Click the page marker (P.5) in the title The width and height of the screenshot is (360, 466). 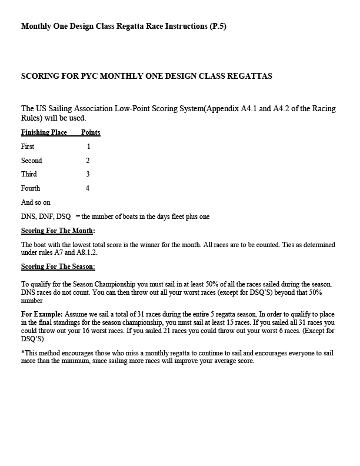pyautogui.click(x=218, y=26)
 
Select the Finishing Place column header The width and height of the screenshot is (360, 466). pyautogui.click(x=44, y=132)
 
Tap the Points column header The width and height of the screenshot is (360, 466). pyautogui.click(x=91, y=132)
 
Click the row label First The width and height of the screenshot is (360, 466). pyautogui.click(x=28, y=146)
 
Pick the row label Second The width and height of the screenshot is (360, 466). pyautogui.click(x=32, y=160)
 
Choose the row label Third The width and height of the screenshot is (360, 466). pyautogui.click(x=29, y=174)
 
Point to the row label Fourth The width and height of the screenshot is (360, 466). pyautogui.click(x=31, y=188)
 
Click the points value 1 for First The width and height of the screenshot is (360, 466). pyautogui.click(x=88, y=146)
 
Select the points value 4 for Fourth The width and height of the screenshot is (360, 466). pyautogui.click(x=88, y=188)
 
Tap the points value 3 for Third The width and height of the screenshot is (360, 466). pyautogui.click(x=88, y=174)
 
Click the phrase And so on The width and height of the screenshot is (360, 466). pyautogui.click(x=36, y=202)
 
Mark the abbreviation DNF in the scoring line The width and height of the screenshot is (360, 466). pyautogui.click(x=46, y=217)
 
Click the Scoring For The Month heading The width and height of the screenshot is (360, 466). pyautogui.click(x=58, y=231)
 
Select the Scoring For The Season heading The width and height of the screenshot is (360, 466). pyautogui.click(x=58, y=267)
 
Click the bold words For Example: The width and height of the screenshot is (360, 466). pyautogui.click(x=42, y=315)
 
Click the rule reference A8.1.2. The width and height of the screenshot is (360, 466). pyautogui.click(x=86, y=252)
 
